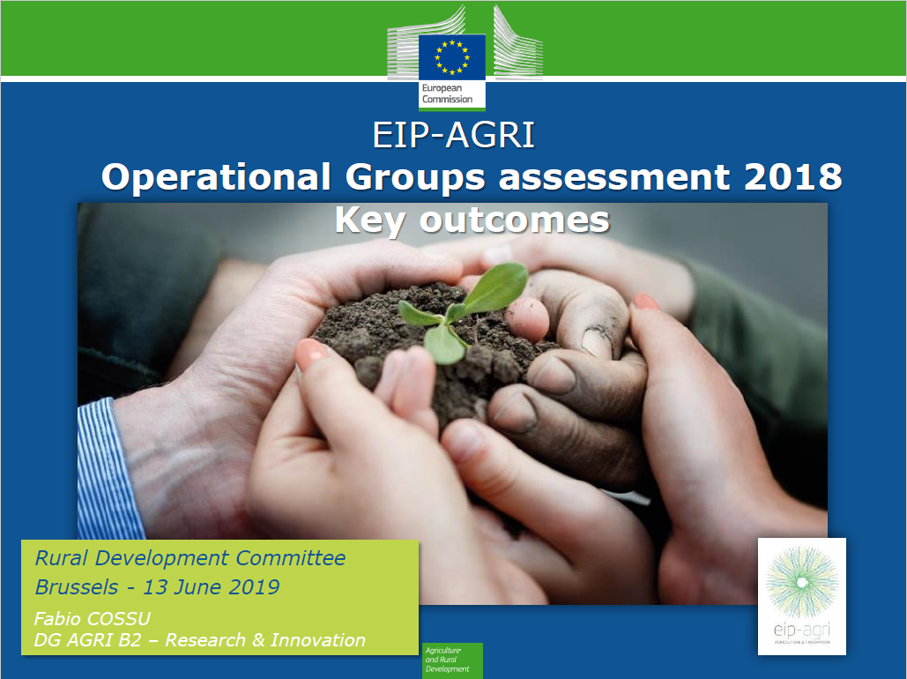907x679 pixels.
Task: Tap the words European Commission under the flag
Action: click(x=447, y=94)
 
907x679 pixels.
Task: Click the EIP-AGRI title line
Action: click(x=454, y=137)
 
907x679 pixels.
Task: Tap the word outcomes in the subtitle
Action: click(x=515, y=220)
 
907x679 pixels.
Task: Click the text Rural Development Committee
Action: click(x=190, y=558)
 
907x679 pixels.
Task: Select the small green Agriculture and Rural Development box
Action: click(x=452, y=660)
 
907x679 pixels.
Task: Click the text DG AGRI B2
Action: click(x=86, y=640)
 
